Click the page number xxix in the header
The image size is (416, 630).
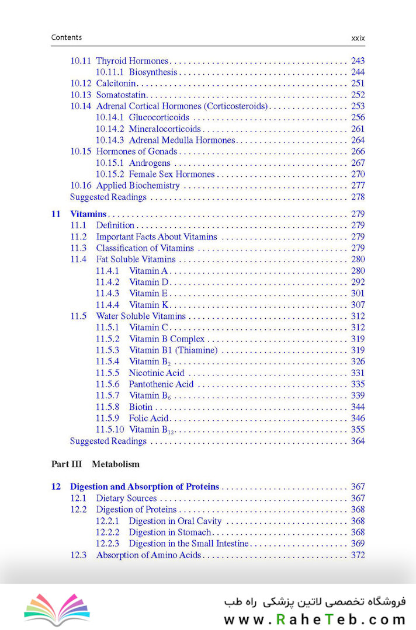pyautogui.click(x=358, y=38)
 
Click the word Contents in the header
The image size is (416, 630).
pyautogui.click(x=67, y=37)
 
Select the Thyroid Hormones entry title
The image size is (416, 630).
pyautogui.click(x=132, y=61)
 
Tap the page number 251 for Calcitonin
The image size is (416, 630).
pyautogui.click(x=358, y=83)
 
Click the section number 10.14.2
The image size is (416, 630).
pyautogui.click(x=110, y=128)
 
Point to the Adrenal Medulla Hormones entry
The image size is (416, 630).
pyautogui.click(x=182, y=140)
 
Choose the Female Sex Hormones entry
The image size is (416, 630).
pyautogui.click(x=172, y=174)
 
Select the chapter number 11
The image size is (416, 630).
pyautogui.click(x=56, y=214)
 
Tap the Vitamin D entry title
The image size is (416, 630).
pyautogui.click(x=148, y=282)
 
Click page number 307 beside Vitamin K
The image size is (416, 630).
pyautogui.click(x=358, y=305)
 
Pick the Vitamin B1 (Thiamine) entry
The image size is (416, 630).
pyautogui.click(x=173, y=350)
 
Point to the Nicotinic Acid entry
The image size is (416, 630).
pyautogui.click(x=157, y=373)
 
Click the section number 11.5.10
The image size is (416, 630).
pyautogui.click(x=110, y=430)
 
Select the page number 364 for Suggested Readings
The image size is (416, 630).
pyautogui.click(x=358, y=441)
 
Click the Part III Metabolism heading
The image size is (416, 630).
pyautogui.click(x=96, y=464)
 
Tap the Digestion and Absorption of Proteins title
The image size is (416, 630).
pyautogui.click(x=144, y=486)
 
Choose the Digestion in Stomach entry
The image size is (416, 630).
pyautogui.click(x=170, y=532)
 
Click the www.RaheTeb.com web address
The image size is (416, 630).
pyautogui.click(x=314, y=619)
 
